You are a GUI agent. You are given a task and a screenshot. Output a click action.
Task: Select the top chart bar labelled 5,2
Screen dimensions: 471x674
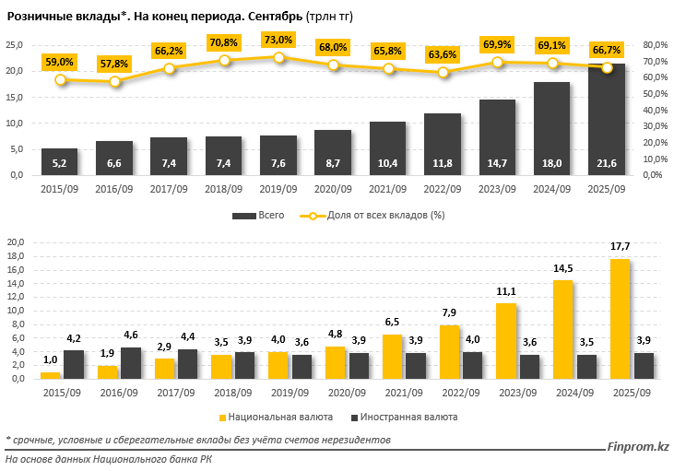coord(60,162)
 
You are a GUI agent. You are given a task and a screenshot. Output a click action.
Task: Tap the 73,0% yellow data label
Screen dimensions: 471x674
coord(278,40)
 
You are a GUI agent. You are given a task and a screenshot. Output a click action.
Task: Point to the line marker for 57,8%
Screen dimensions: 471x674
coord(114,82)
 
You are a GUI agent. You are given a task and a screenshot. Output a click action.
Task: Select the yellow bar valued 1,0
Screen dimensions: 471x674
coord(50,375)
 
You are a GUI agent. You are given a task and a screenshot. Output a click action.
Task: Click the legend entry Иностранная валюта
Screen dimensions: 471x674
coord(415,416)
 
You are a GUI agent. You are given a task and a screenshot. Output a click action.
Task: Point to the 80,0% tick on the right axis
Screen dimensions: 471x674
coord(654,44)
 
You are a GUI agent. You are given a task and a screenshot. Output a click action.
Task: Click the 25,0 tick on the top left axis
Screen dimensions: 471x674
coord(15,44)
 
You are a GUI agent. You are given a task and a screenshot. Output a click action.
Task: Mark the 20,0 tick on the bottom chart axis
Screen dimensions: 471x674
coord(15,242)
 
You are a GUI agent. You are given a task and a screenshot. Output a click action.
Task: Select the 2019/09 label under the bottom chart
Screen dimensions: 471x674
coord(279,394)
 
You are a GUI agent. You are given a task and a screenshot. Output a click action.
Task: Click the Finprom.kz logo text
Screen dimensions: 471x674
coord(638,447)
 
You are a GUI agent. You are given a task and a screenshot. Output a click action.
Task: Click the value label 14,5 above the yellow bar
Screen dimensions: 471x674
coord(563,269)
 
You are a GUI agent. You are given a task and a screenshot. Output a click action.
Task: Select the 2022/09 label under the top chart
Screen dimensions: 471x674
coord(443,189)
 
